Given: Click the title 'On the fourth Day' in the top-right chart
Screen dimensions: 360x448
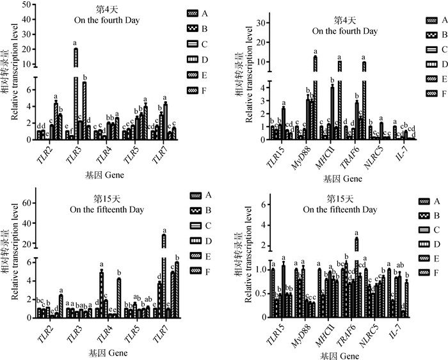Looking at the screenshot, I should [344, 30].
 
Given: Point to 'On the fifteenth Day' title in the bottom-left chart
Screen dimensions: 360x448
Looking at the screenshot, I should [106, 209].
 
